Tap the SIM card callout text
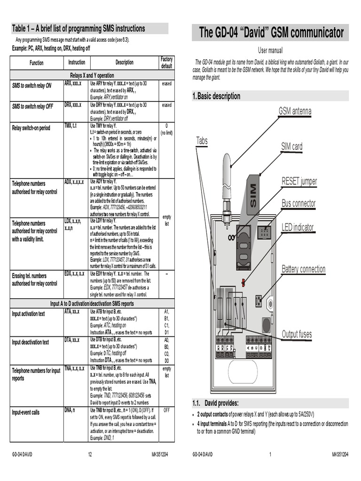(291, 147)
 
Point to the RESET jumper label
(299, 181)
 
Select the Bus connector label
(298, 204)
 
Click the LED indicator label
(297, 228)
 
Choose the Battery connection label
(303, 269)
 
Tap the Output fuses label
(297, 334)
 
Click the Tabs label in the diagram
(202, 140)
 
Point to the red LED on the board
(243, 282)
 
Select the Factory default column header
(166, 62)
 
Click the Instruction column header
(77, 62)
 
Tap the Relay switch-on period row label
(31, 128)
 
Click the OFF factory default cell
(166, 410)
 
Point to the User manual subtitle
(270, 50)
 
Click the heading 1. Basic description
(216, 96)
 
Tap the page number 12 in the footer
(89, 455)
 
